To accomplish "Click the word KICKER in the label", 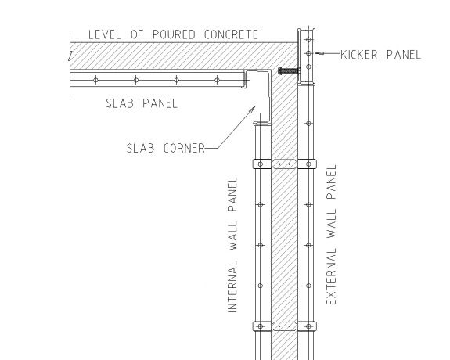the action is pos(358,55).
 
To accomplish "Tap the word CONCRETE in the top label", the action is pos(231,34).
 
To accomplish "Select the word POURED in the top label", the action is pos(174,34).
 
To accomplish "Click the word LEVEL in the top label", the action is pos(104,34).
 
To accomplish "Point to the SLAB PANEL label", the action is pos(142,103).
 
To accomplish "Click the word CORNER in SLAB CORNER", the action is pos(184,149).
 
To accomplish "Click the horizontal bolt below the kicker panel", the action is pos(290,70).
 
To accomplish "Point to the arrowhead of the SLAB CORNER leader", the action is pos(253,109).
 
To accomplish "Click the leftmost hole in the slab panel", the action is pos(95,80).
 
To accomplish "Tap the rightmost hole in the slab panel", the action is pos(218,80).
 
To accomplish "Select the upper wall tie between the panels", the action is pos(284,164).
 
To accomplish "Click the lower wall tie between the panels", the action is pos(284,326).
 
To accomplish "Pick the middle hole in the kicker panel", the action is pos(308,53).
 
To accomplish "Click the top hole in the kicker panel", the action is pos(308,39).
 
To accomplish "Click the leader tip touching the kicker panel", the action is pos(316,53).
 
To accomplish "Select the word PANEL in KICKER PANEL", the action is pos(404,55).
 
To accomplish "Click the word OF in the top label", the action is pos(137,34).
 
